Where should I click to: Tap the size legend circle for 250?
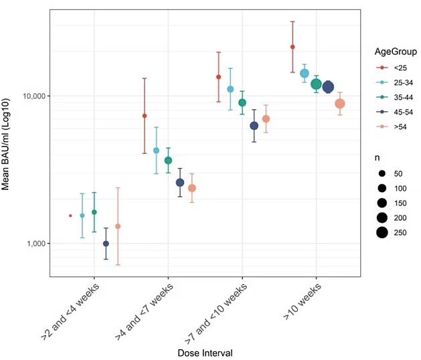[x=383, y=233]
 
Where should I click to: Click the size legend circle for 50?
[x=383, y=173]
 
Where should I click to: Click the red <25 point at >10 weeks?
[x=292, y=47]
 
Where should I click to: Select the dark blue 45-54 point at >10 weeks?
[x=328, y=87]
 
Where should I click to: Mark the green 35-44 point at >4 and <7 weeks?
[x=169, y=161]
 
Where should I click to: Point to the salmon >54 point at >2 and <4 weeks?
[x=118, y=226]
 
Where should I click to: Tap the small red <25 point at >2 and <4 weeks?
[x=70, y=215]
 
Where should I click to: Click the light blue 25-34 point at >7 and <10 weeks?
[x=230, y=89]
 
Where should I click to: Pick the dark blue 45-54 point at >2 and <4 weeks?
[x=106, y=244]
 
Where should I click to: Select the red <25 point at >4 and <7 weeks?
[x=145, y=116]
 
